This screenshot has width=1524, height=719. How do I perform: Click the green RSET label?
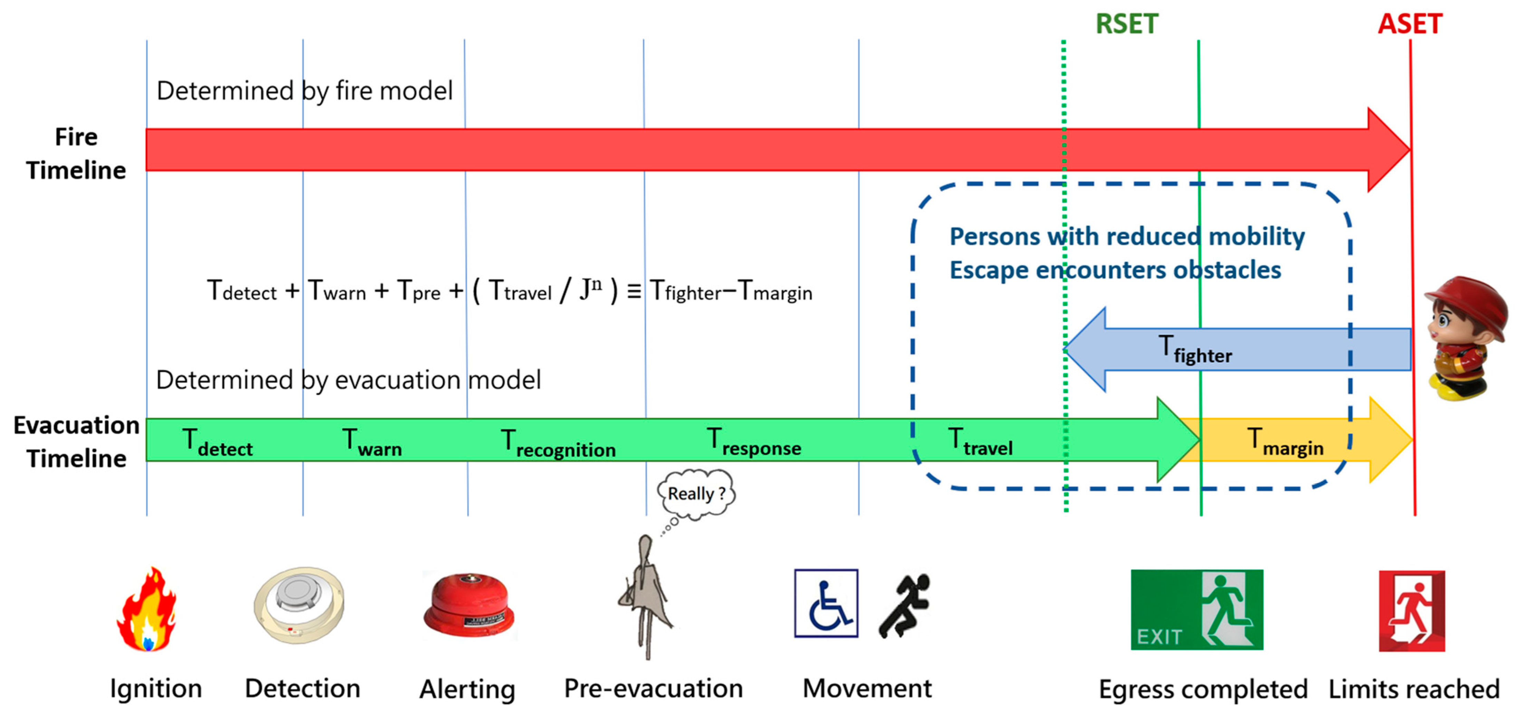[1126, 24]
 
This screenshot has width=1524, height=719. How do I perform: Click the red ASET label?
[1410, 24]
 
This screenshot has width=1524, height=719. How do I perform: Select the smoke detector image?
[299, 605]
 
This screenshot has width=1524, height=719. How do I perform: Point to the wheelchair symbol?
[826, 603]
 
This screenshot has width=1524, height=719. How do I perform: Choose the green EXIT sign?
[1197, 609]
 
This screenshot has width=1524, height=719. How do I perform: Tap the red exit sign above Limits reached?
[1412, 611]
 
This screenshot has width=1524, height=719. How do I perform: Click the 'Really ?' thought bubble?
[696, 493]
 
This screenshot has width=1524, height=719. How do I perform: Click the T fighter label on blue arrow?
[1195, 349]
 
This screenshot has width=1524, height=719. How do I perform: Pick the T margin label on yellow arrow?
[1285, 442]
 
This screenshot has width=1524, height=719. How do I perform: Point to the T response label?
[754, 442]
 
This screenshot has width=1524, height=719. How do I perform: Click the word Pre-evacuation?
[653, 688]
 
